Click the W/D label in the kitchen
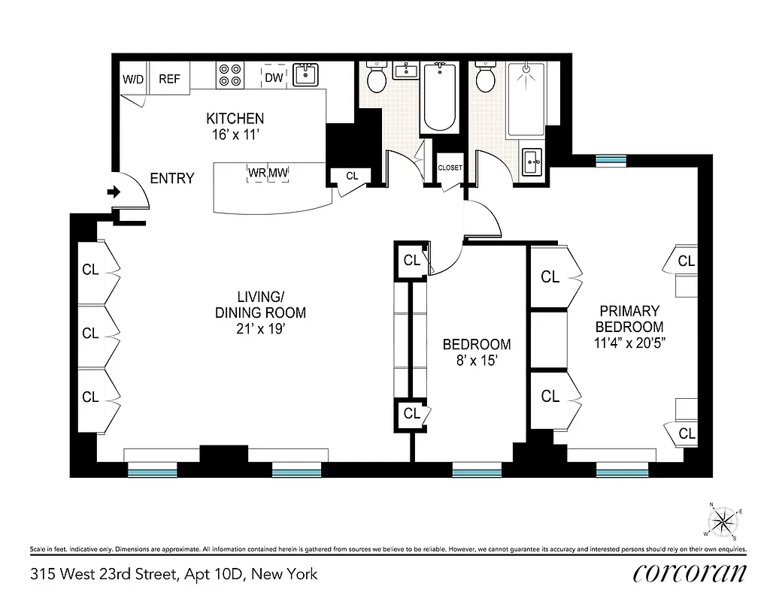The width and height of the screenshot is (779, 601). point(134,79)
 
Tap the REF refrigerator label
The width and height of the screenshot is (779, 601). point(169,79)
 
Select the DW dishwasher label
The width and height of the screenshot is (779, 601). point(274,77)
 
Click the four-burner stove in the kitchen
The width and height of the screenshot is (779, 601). point(229,75)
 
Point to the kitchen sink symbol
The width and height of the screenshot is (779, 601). point(305,74)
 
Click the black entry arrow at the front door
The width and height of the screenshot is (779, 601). point(114,193)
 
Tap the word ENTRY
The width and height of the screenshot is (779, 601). point(171,178)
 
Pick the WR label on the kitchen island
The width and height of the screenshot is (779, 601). point(257,174)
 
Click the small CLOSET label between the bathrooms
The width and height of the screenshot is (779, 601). point(450,168)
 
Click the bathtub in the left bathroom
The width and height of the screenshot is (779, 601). point(439,98)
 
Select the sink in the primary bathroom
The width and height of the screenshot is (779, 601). point(532,161)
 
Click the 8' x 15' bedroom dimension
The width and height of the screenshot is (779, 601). point(476,361)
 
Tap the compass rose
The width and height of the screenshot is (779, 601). point(723,520)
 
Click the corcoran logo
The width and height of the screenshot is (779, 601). point(690,573)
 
